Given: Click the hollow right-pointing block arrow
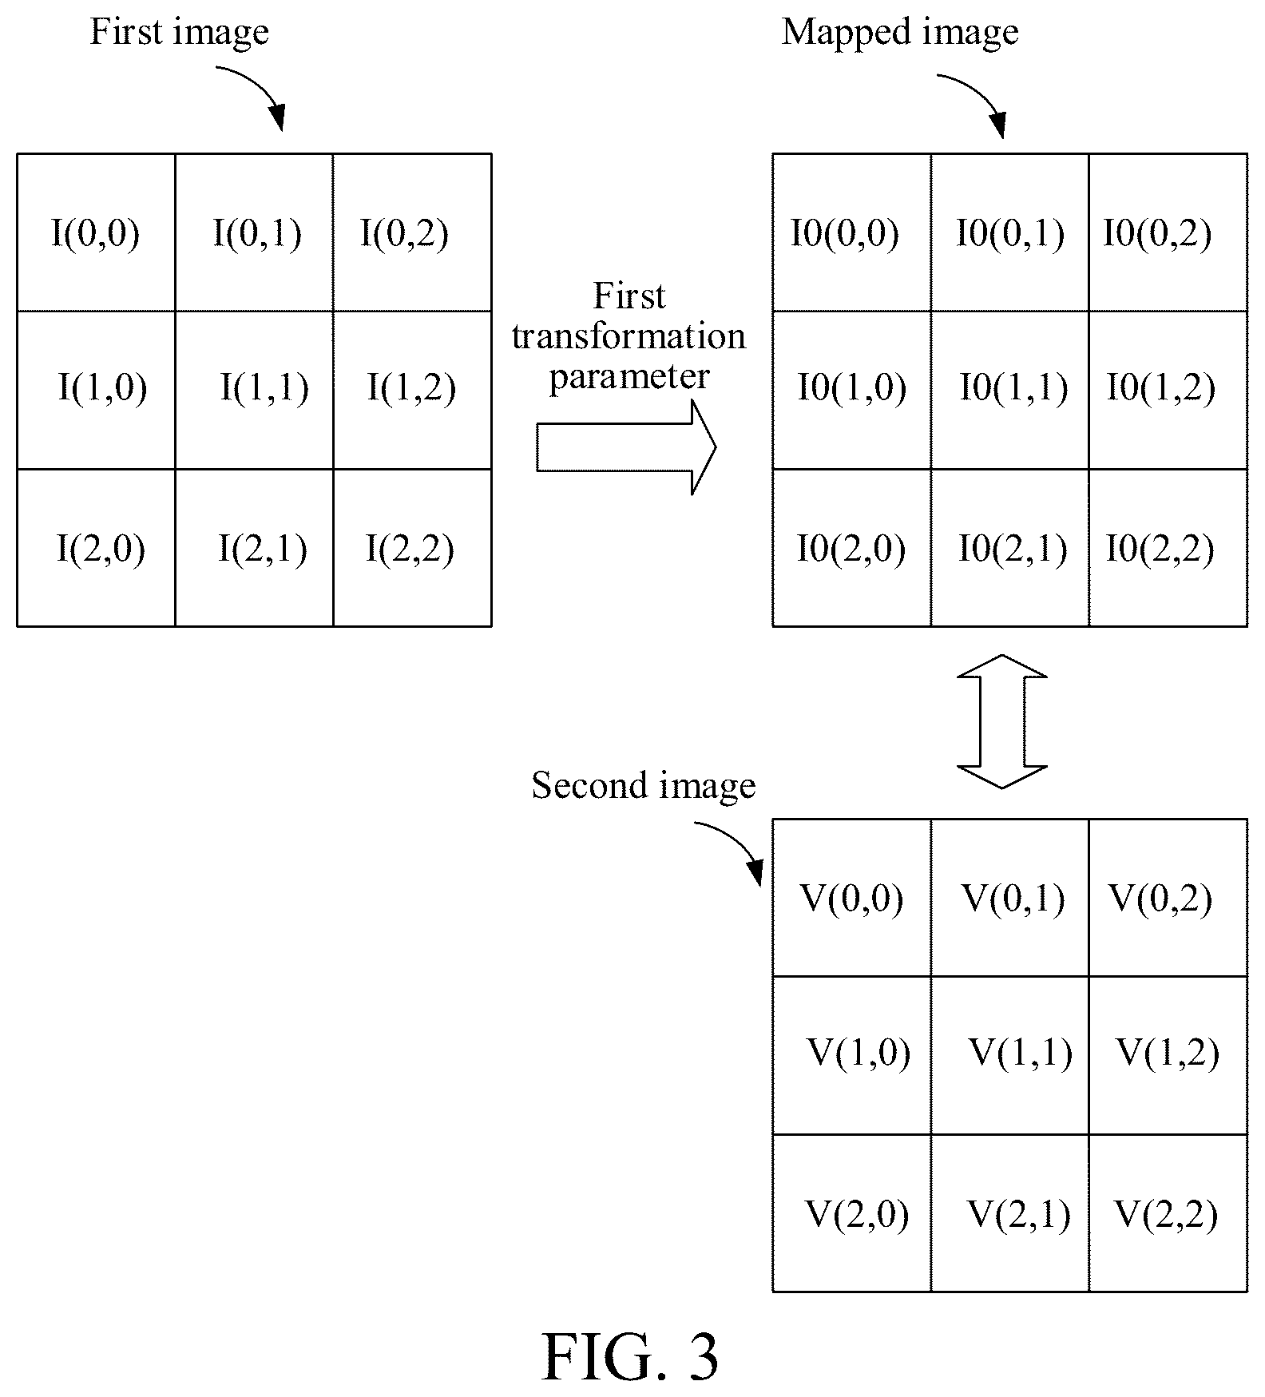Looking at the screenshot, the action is point(626,447).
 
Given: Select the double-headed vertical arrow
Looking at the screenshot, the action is point(1001,721).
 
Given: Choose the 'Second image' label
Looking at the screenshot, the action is point(644,786).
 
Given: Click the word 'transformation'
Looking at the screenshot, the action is point(629,336).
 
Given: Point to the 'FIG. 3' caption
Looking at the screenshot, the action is point(631,1356).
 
